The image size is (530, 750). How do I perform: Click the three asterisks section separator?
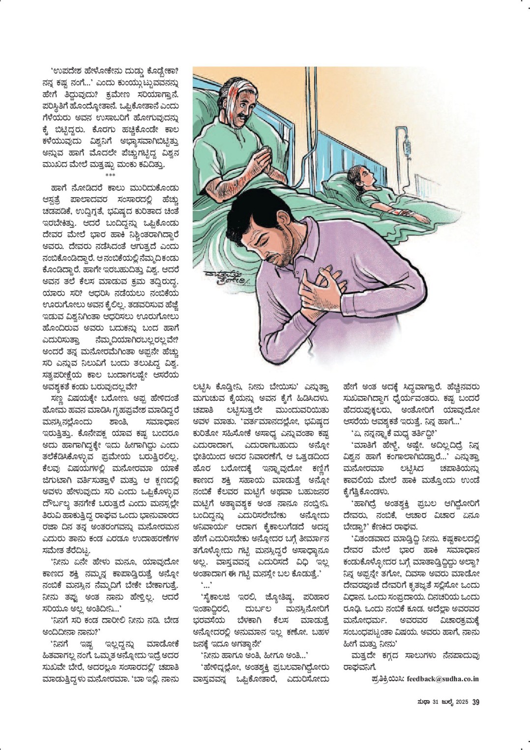[x=110, y=175]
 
